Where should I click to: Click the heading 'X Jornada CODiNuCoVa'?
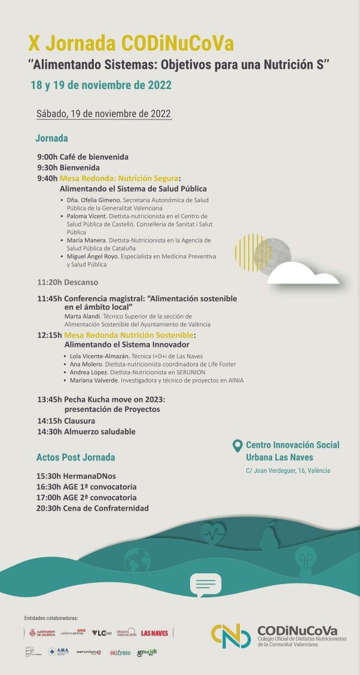pos(131,43)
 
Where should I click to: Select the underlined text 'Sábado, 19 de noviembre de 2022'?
pos(103,114)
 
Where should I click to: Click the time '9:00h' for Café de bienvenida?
pos(47,157)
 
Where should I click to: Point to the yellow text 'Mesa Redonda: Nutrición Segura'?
pos(119,178)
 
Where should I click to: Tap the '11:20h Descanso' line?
pos(68,282)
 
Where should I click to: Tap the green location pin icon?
pos(237,445)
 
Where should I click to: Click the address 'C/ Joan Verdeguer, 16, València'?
pos(288,471)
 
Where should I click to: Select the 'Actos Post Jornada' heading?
pos(75,457)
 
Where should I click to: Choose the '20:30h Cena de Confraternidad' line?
pos(93,508)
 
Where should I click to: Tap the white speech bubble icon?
pos(205,584)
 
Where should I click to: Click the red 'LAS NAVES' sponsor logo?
pos(154,633)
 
